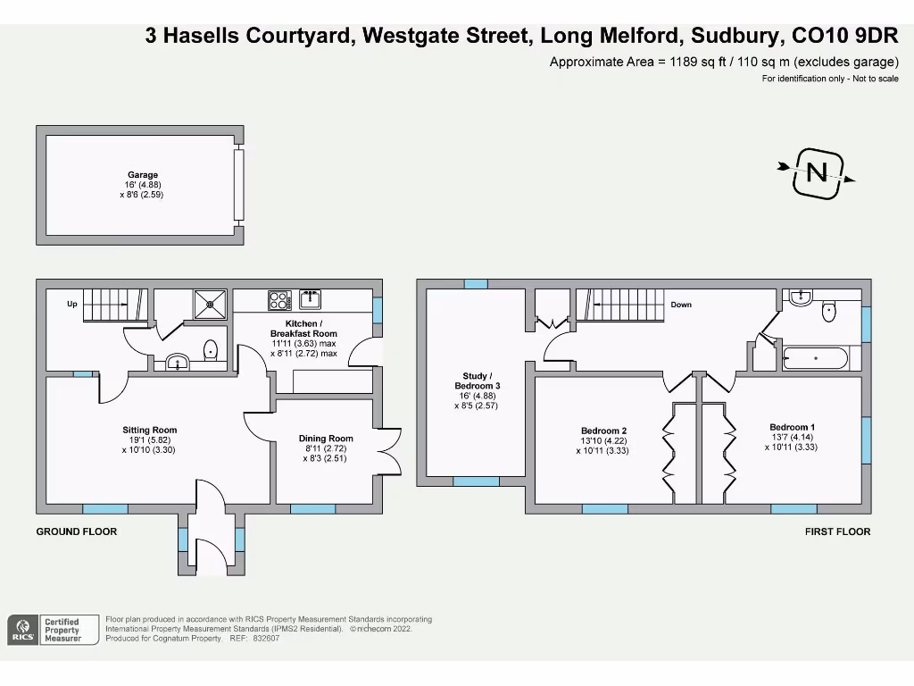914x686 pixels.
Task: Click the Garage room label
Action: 142,175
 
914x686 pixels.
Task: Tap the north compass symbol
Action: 817,172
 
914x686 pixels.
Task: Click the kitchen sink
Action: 310,298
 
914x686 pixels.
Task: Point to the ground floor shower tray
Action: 211,304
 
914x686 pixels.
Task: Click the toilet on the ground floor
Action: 212,350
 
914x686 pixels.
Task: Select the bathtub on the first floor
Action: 815,359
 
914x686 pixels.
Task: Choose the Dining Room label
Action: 326,439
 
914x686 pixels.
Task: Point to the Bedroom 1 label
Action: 792,427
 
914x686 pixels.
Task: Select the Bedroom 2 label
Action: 604,431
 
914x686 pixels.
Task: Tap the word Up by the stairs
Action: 72,305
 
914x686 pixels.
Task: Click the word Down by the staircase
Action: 681,305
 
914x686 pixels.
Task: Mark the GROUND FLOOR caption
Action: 76,531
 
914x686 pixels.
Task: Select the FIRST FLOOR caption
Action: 837,531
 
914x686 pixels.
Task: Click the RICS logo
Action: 23,630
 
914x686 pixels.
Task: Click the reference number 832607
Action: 265,639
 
